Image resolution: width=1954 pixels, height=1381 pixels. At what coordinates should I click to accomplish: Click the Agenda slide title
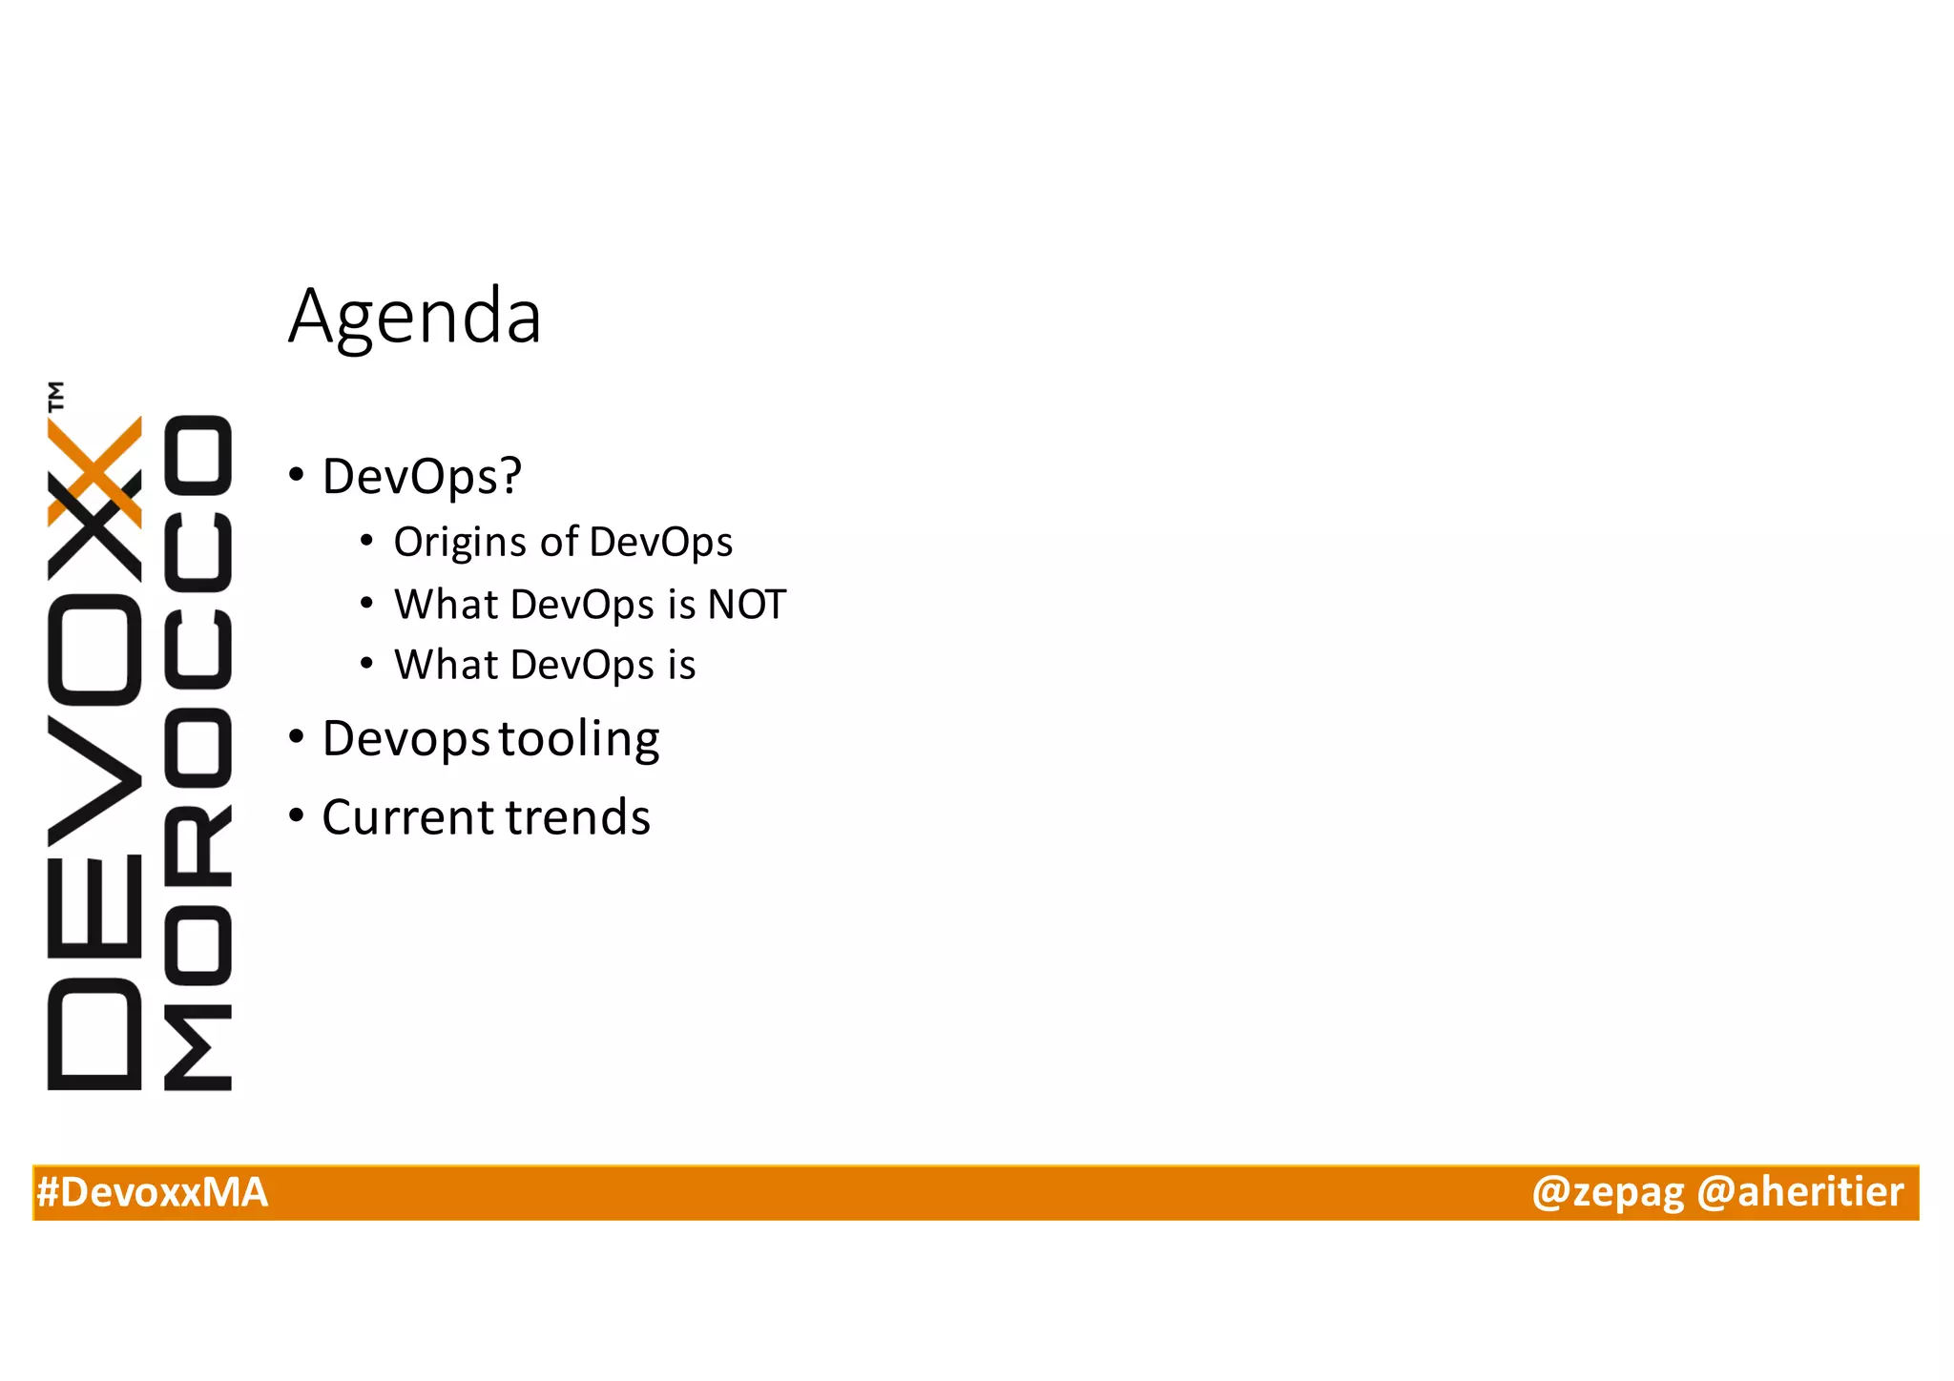pyautogui.click(x=415, y=318)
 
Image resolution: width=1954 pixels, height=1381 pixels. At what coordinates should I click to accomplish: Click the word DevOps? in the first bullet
pyautogui.click(x=422, y=476)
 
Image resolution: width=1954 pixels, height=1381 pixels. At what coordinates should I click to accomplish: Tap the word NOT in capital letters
pyautogui.click(x=746, y=605)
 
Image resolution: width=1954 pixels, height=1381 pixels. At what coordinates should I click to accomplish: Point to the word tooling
pyautogui.click(x=579, y=739)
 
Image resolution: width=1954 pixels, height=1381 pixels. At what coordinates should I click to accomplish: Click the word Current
pyautogui.click(x=408, y=817)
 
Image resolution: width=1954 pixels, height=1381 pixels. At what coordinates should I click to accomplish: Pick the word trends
pyautogui.click(x=578, y=817)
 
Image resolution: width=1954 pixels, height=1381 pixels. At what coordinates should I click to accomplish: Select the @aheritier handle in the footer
pyautogui.click(x=1799, y=1193)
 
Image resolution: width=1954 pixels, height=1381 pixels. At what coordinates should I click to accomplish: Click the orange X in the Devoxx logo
pyautogui.click(x=95, y=470)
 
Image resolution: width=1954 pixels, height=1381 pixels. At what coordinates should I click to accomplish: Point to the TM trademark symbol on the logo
pyautogui.click(x=57, y=396)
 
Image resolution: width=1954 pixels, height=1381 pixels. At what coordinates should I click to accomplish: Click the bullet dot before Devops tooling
pyautogui.click(x=297, y=737)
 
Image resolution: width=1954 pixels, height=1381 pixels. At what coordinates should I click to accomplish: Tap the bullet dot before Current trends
pyautogui.click(x=297, y=816)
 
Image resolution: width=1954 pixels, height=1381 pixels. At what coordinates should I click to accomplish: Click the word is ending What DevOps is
pyautogui.click(x=681, y=665)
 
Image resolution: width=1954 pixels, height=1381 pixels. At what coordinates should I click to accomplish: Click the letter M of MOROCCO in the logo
pyautogui.click(x=198, y=1046)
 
